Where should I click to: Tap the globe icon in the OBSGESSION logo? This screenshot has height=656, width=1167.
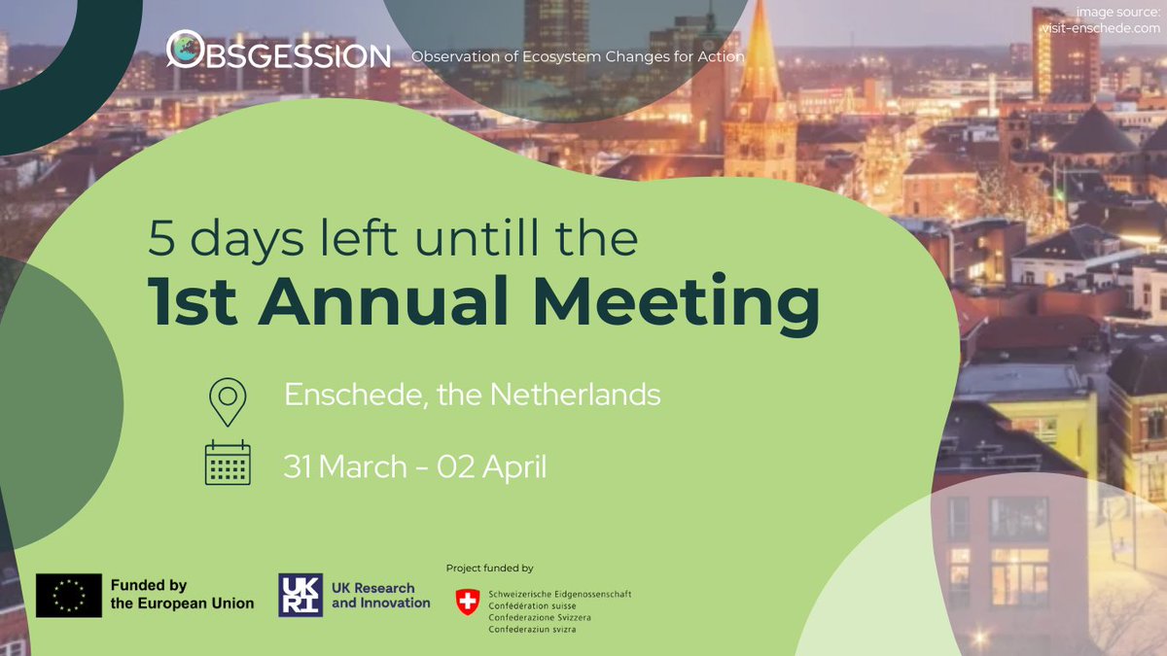[183, 49]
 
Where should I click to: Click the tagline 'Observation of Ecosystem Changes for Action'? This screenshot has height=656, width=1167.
[578, 57]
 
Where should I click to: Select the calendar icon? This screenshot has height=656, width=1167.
[228, 463]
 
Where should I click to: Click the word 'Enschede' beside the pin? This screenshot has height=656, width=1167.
[347, 395]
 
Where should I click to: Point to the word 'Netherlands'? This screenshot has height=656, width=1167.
[575, 395]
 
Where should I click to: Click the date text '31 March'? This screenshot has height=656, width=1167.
[344, 466]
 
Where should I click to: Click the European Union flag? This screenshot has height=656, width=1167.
[68, 596]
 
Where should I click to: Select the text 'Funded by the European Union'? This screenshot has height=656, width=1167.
[181, 595]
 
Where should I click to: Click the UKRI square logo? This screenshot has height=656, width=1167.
[301, 595]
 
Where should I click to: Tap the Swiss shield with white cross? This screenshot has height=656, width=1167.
[468, 603]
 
